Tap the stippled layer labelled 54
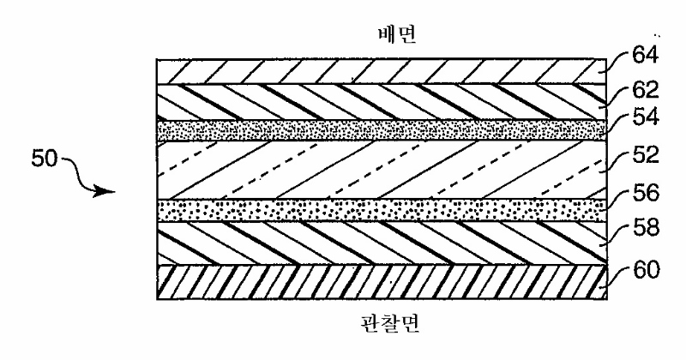point(382,129)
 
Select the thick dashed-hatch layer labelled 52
point(382,169)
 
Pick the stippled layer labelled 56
point(382,210)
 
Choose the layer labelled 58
point(382,243)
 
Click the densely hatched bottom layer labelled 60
point(382,282)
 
